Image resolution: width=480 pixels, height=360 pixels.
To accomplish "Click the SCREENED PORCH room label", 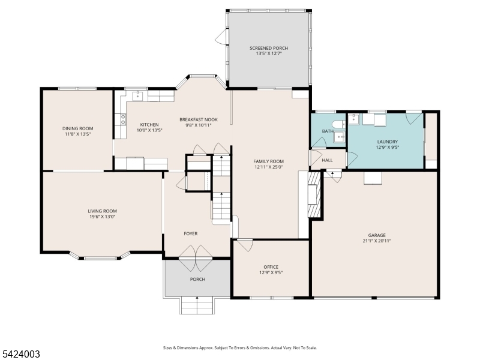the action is click(269, 48).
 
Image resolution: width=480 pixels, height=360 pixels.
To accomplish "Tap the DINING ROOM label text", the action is click(78, 128).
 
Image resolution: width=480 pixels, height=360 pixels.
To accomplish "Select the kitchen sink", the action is click(138, 96).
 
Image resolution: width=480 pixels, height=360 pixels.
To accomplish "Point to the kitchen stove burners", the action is click(123, 119).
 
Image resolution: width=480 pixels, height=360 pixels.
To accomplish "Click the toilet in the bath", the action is click(339, 124).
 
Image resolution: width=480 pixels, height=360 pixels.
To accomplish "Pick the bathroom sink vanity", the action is click(339, 137).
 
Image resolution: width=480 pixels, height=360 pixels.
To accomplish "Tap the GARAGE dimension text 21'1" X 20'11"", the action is click(377, 241).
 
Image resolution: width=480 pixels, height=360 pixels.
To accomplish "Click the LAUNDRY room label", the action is click(387, 142).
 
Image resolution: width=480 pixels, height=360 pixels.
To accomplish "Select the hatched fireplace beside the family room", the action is click(314, 194).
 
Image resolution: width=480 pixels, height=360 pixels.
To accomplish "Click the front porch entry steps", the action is click(197, 305).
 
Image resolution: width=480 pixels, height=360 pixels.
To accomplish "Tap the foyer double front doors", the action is click(196, 258).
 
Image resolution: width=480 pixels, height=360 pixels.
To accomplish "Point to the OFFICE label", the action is click(271, 267).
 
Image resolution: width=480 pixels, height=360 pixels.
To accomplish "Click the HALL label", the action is click(327, 160).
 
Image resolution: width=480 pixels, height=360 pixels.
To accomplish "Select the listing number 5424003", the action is click(20, 354).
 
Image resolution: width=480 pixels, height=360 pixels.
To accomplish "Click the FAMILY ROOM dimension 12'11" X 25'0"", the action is click(268, 167).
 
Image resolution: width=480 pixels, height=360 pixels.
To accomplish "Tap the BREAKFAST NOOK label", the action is click(199, 119).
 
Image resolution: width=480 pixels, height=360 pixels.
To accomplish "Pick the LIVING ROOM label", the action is click(102, 211).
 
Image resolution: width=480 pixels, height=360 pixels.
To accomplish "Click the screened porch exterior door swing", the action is click(221, 37).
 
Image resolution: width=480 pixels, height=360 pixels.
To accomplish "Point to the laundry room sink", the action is click(353, 119).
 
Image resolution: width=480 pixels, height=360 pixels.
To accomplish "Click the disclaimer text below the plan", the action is click(239, 348).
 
